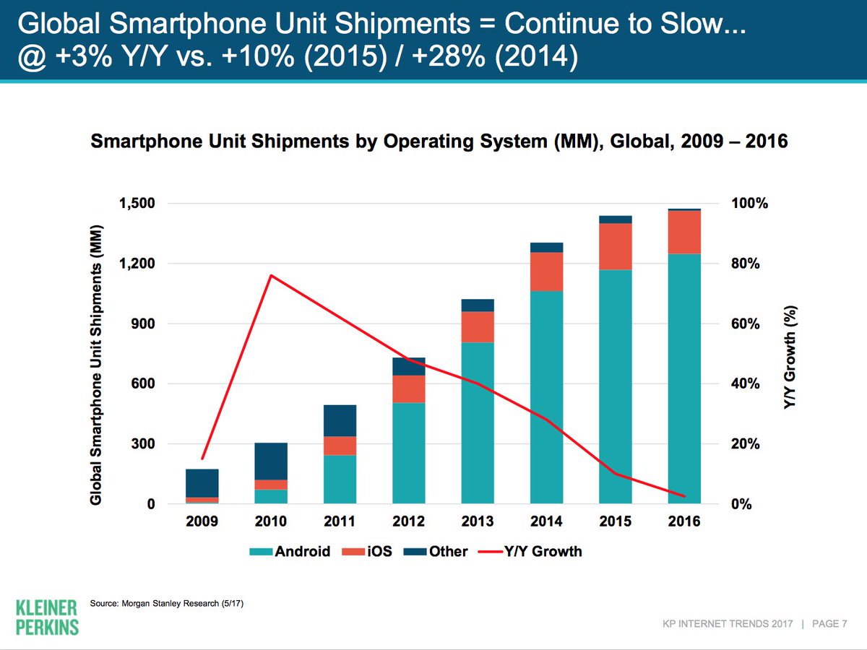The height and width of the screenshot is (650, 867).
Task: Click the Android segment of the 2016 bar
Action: (x=684, y=379)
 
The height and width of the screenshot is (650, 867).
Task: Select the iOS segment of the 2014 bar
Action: (x=546, y=272)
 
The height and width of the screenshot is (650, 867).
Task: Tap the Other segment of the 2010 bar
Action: (x=271, y=461)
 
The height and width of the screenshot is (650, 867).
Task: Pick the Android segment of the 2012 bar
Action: (x=409, y=453)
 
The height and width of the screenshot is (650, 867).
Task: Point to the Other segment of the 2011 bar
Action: (x=340, y=420)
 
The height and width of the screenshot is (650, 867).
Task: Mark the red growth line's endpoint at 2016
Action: (x=683, y=496)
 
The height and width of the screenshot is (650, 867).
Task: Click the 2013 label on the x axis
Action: (x=478, y=521)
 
